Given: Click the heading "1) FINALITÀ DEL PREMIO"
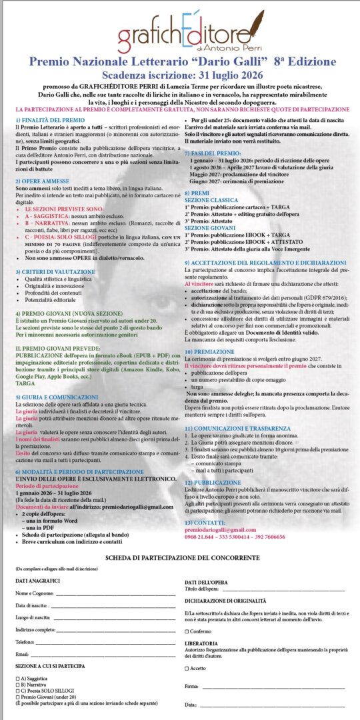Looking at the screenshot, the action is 45,118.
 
